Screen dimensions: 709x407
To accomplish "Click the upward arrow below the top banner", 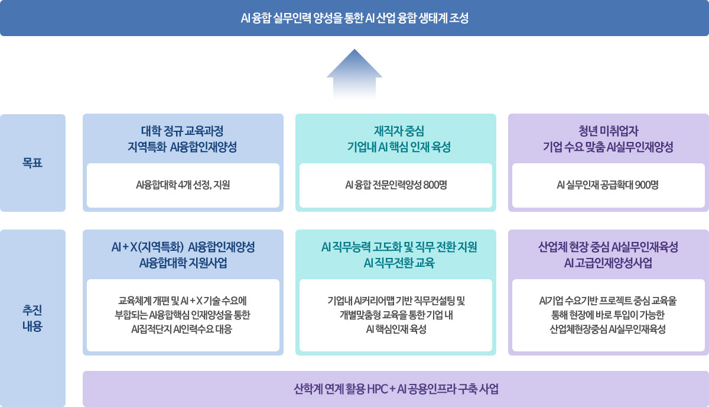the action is (354, 75).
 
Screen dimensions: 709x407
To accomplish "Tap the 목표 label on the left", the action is (32, 163).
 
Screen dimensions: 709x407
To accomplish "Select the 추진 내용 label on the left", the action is (32, 318).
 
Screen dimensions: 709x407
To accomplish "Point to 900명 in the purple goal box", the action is (646, 185).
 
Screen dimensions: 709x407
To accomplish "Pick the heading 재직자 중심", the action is (399, 131).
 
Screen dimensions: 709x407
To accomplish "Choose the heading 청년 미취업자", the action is (608, 131).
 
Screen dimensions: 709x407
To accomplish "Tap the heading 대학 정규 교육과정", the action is (183, 131).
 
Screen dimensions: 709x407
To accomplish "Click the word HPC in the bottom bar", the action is (377, 389).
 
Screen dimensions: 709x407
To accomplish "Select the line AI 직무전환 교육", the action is (399, 263).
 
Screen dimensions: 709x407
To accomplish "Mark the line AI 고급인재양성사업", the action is (608, 263).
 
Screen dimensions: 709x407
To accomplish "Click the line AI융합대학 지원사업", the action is (183, 263).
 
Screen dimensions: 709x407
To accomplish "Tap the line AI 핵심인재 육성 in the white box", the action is (396, 330).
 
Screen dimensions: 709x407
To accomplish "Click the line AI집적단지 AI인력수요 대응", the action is (182, 330).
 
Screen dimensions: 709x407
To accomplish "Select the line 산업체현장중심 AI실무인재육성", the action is (608, 330).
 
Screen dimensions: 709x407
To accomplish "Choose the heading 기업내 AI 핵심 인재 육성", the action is (399, 147).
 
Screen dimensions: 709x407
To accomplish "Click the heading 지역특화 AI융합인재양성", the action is (183, 147).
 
